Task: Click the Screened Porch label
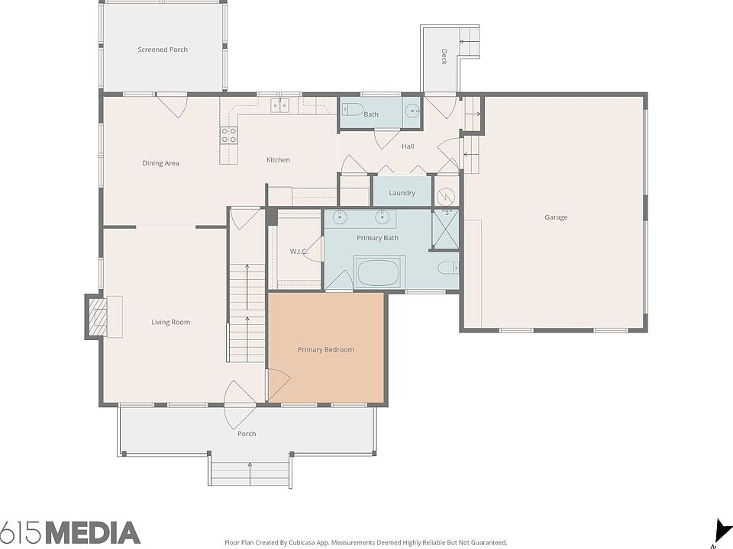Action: click(x=163, y=50)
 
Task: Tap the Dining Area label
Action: click(x=161, y=163)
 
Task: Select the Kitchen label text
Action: click(x=278, y=160)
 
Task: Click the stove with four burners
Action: click(x=228, y=136)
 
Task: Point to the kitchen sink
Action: click(x=279, y=105)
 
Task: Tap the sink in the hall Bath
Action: click(x=412, y=111)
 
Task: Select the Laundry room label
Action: click(x=402, y=193)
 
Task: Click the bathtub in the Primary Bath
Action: click(x=379, y=273)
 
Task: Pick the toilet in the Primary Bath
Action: click(x=448, y=268)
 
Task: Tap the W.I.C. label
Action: click(x=298, y=251)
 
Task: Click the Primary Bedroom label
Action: click(x=326, y=349)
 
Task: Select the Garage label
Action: click(x=556, y=217)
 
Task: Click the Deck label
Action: click(x=444, y=56)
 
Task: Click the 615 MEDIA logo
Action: click(x=70, y=532)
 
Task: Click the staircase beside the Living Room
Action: click(x=247, y=313)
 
